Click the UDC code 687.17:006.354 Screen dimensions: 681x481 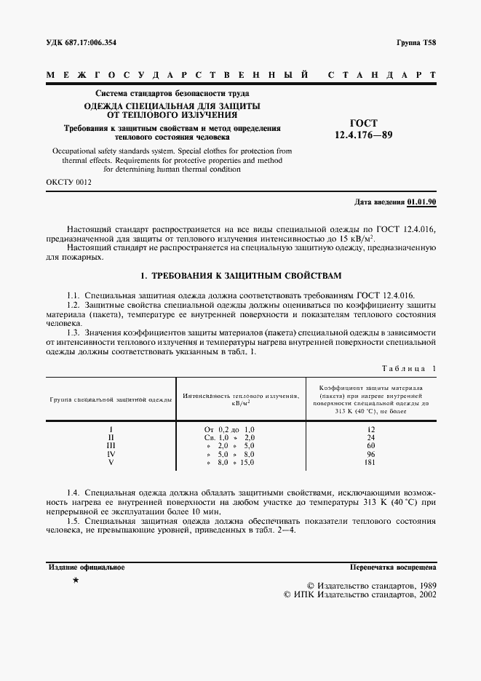click(81, 43)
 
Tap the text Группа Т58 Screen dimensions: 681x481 click(416, 43)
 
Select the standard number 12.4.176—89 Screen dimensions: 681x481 click(363, 135)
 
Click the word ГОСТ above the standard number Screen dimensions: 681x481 click(363, 124)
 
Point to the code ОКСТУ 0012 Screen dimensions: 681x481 click(68, 183)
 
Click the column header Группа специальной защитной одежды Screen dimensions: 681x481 click(111, 399)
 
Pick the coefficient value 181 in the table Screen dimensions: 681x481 click(371, 462)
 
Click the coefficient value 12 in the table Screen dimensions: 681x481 click(371, 430)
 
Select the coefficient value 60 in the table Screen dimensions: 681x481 click(371, 446)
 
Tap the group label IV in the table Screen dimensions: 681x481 click(111, 454)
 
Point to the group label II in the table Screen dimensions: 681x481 click(111, 438)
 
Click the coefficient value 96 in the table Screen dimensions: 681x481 click(371, 454)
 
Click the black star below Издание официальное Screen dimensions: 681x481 click(76, 581)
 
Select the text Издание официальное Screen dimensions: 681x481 click(86, 567)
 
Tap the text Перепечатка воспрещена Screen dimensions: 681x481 click(392, 567)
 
